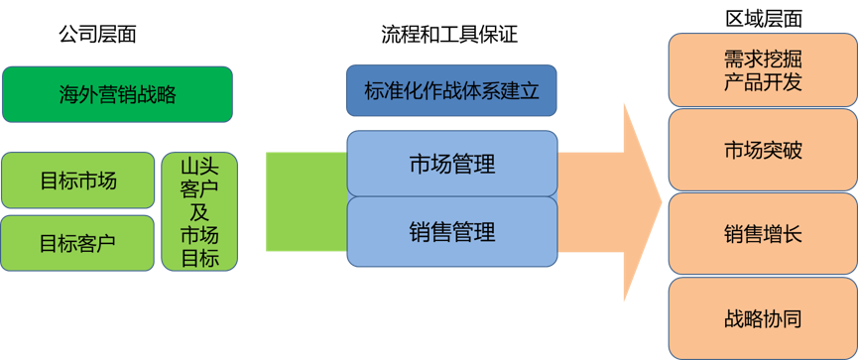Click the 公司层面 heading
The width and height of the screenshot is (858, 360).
click(x=97, y=35)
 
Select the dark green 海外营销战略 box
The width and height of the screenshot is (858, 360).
click(x=118, y=94)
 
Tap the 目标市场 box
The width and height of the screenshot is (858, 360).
click(x=78, y=180)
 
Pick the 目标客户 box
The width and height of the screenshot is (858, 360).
click(x=78, y=243)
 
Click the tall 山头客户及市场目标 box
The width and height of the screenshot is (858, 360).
click(x=199, y=211)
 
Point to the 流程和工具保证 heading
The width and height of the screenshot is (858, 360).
click(x=449, y=35)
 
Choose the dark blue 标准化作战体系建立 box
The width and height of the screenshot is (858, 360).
click(x=451, y=90)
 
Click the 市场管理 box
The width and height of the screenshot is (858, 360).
click(x=452, y=164)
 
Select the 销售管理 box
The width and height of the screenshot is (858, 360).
click(x=452, y=231)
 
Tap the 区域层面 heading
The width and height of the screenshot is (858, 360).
click(x=764, y=19)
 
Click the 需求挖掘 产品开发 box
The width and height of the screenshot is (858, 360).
click(x=763, y=70)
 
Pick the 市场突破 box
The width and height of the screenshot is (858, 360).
click(x=763, y=150)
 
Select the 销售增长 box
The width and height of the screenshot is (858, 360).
click(x=763, y=234)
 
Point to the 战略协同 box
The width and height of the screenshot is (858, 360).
click(x=763, y=318)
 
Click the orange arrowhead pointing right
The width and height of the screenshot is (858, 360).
click(x=643, y=202)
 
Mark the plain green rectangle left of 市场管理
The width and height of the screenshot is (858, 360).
click(x=306, y=202)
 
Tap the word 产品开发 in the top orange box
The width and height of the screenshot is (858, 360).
click(x=763, y=82)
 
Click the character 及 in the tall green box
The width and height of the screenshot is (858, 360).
click(x=199, y=211)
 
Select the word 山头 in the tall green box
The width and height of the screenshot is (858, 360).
click(x=199, y=166)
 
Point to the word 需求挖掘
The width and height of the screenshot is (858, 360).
click(x=763, y=59)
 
